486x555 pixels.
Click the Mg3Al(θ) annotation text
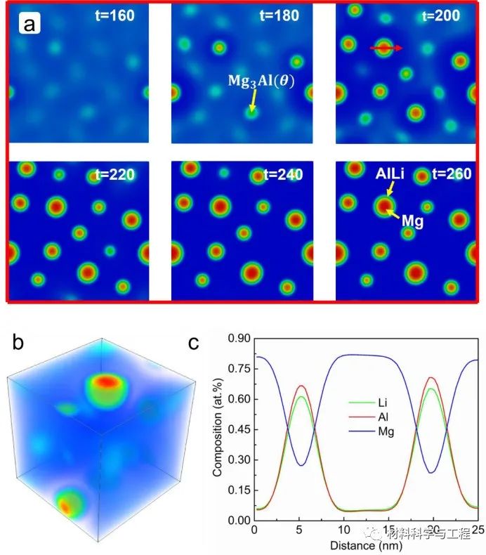[x=261, y=79]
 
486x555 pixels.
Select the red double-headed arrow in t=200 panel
[x=386, y=48]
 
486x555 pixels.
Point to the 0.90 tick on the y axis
[x=237, y=339]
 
